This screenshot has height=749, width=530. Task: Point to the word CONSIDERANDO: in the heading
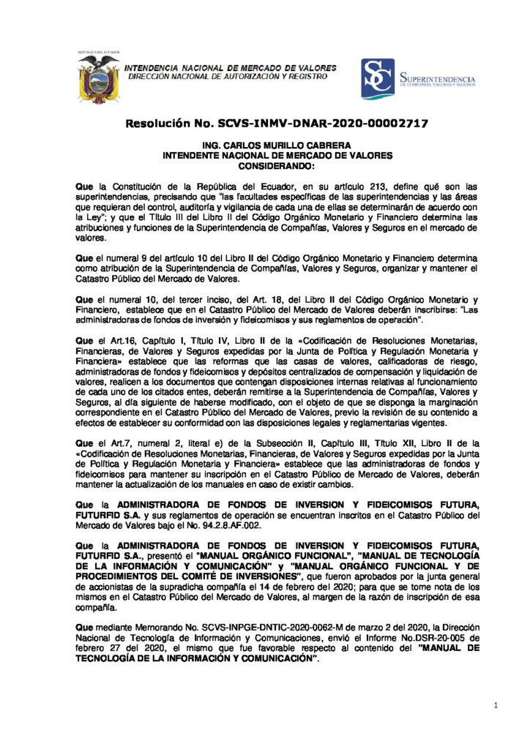266,165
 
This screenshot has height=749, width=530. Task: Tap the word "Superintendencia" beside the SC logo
438,78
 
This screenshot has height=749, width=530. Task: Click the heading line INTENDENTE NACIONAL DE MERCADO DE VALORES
266,156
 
